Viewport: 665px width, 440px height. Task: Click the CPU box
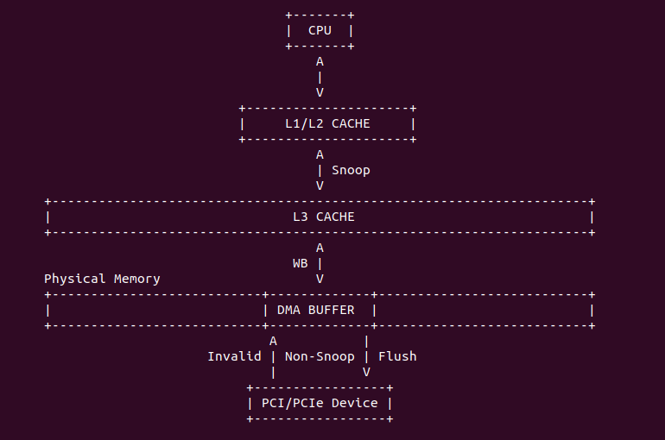[x=320, y=31]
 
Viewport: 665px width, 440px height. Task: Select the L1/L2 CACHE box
[x=327, y=123]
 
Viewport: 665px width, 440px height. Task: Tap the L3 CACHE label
[x=323, y=217]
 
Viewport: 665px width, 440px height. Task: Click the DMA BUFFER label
[x=315, y=310]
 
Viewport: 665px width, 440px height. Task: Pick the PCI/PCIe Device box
[x=320, y=403]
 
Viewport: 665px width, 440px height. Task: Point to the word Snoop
[x=351, y=170]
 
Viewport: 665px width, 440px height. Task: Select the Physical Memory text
[x=102, y=279]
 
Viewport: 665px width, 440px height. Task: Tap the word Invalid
[x=234, y=356]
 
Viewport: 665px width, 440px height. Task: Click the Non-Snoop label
[x=319, y=356]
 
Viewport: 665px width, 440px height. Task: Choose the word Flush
[x=397, y=356]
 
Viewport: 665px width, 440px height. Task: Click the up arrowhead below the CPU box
[x=320, y=62]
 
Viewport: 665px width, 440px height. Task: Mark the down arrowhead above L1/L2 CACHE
[x=320, y=92]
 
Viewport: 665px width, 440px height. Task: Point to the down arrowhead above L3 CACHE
[x=320, y=185]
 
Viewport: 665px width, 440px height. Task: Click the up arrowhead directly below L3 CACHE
[x=320, y=248]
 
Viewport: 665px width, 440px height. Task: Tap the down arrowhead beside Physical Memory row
[x=320, y=279]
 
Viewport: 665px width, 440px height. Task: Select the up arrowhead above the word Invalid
[x=273, y=341]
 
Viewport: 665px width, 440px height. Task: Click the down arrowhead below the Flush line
[x=366, y=372]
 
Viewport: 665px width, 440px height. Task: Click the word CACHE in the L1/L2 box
[x=351, y=123]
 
